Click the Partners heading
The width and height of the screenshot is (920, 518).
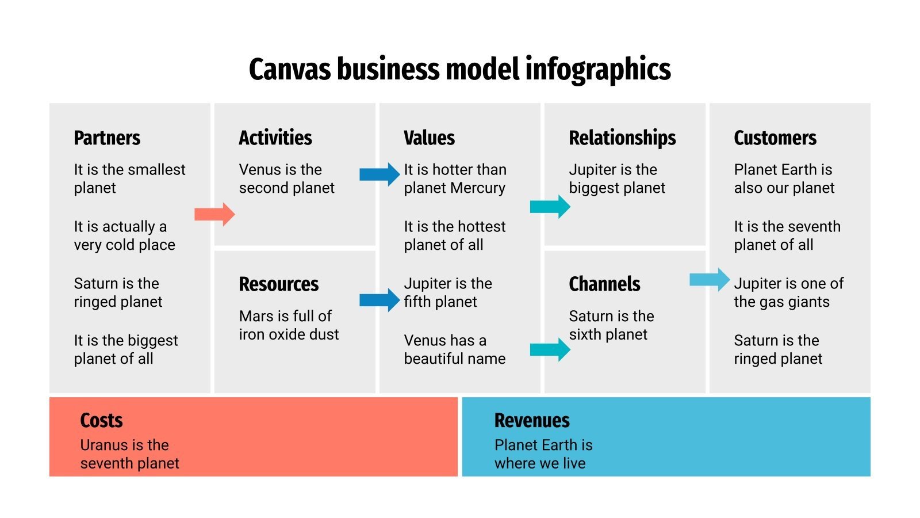click(107, 138)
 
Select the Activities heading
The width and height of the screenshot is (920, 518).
click(275, 138)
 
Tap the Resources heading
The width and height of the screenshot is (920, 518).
click(278, 284)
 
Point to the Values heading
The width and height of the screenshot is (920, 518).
click(429, 138)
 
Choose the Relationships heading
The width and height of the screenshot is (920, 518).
click(622, 138)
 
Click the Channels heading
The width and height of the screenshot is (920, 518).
click(604, 284)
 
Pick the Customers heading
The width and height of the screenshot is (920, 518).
click(775, 138)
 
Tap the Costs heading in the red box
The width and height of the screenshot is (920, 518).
click(101, 421)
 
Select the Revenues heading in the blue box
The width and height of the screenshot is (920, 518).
click(532, 421)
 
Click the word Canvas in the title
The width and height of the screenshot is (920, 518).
click(290, 69)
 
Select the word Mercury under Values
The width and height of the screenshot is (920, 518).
click(478, 188)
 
